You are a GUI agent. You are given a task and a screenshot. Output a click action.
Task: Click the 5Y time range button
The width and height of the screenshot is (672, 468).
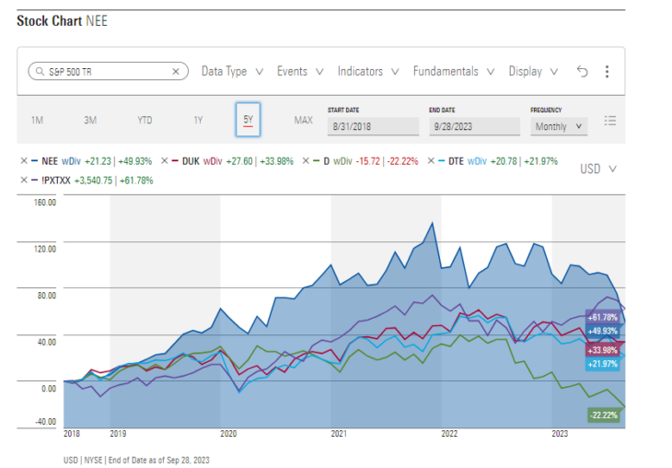(x=248, y=120)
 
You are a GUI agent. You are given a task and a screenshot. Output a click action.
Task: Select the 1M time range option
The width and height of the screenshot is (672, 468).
(x=37, y=121)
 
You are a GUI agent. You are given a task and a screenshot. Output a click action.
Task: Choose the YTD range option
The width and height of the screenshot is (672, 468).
(x=145, y=121)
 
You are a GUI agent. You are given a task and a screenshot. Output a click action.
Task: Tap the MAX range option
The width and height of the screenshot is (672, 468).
(x=303, y=121)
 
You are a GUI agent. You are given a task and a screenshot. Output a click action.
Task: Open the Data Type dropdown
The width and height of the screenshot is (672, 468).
(x=232, y=71)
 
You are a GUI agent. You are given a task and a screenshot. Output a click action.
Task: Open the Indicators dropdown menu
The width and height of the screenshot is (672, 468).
(x=367, y=71)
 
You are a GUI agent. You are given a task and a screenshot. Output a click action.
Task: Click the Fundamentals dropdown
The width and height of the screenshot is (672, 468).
(x=453, y=71)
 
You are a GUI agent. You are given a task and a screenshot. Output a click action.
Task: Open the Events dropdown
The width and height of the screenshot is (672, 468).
(x=300, y=71)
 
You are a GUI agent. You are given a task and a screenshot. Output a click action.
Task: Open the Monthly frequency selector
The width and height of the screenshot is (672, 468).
(x=559, y=126)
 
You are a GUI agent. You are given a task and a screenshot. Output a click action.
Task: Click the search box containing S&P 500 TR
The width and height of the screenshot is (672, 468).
(x=108, y=71)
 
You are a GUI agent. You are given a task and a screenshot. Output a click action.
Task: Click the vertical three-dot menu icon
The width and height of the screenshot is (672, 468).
(x=607, y=71)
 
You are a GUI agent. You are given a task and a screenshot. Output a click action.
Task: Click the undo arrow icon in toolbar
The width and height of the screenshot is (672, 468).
(x=581, y=71)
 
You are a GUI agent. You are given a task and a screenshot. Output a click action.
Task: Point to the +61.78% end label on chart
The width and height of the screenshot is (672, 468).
(x=603, y=318)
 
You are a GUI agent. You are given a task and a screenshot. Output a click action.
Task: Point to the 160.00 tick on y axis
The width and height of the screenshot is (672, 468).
(x=45, y=202)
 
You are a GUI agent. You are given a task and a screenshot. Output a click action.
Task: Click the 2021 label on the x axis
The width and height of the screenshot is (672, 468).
(x=339, y=432)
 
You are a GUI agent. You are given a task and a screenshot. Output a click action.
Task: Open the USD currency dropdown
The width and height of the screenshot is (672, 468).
(x=598, y=169)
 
